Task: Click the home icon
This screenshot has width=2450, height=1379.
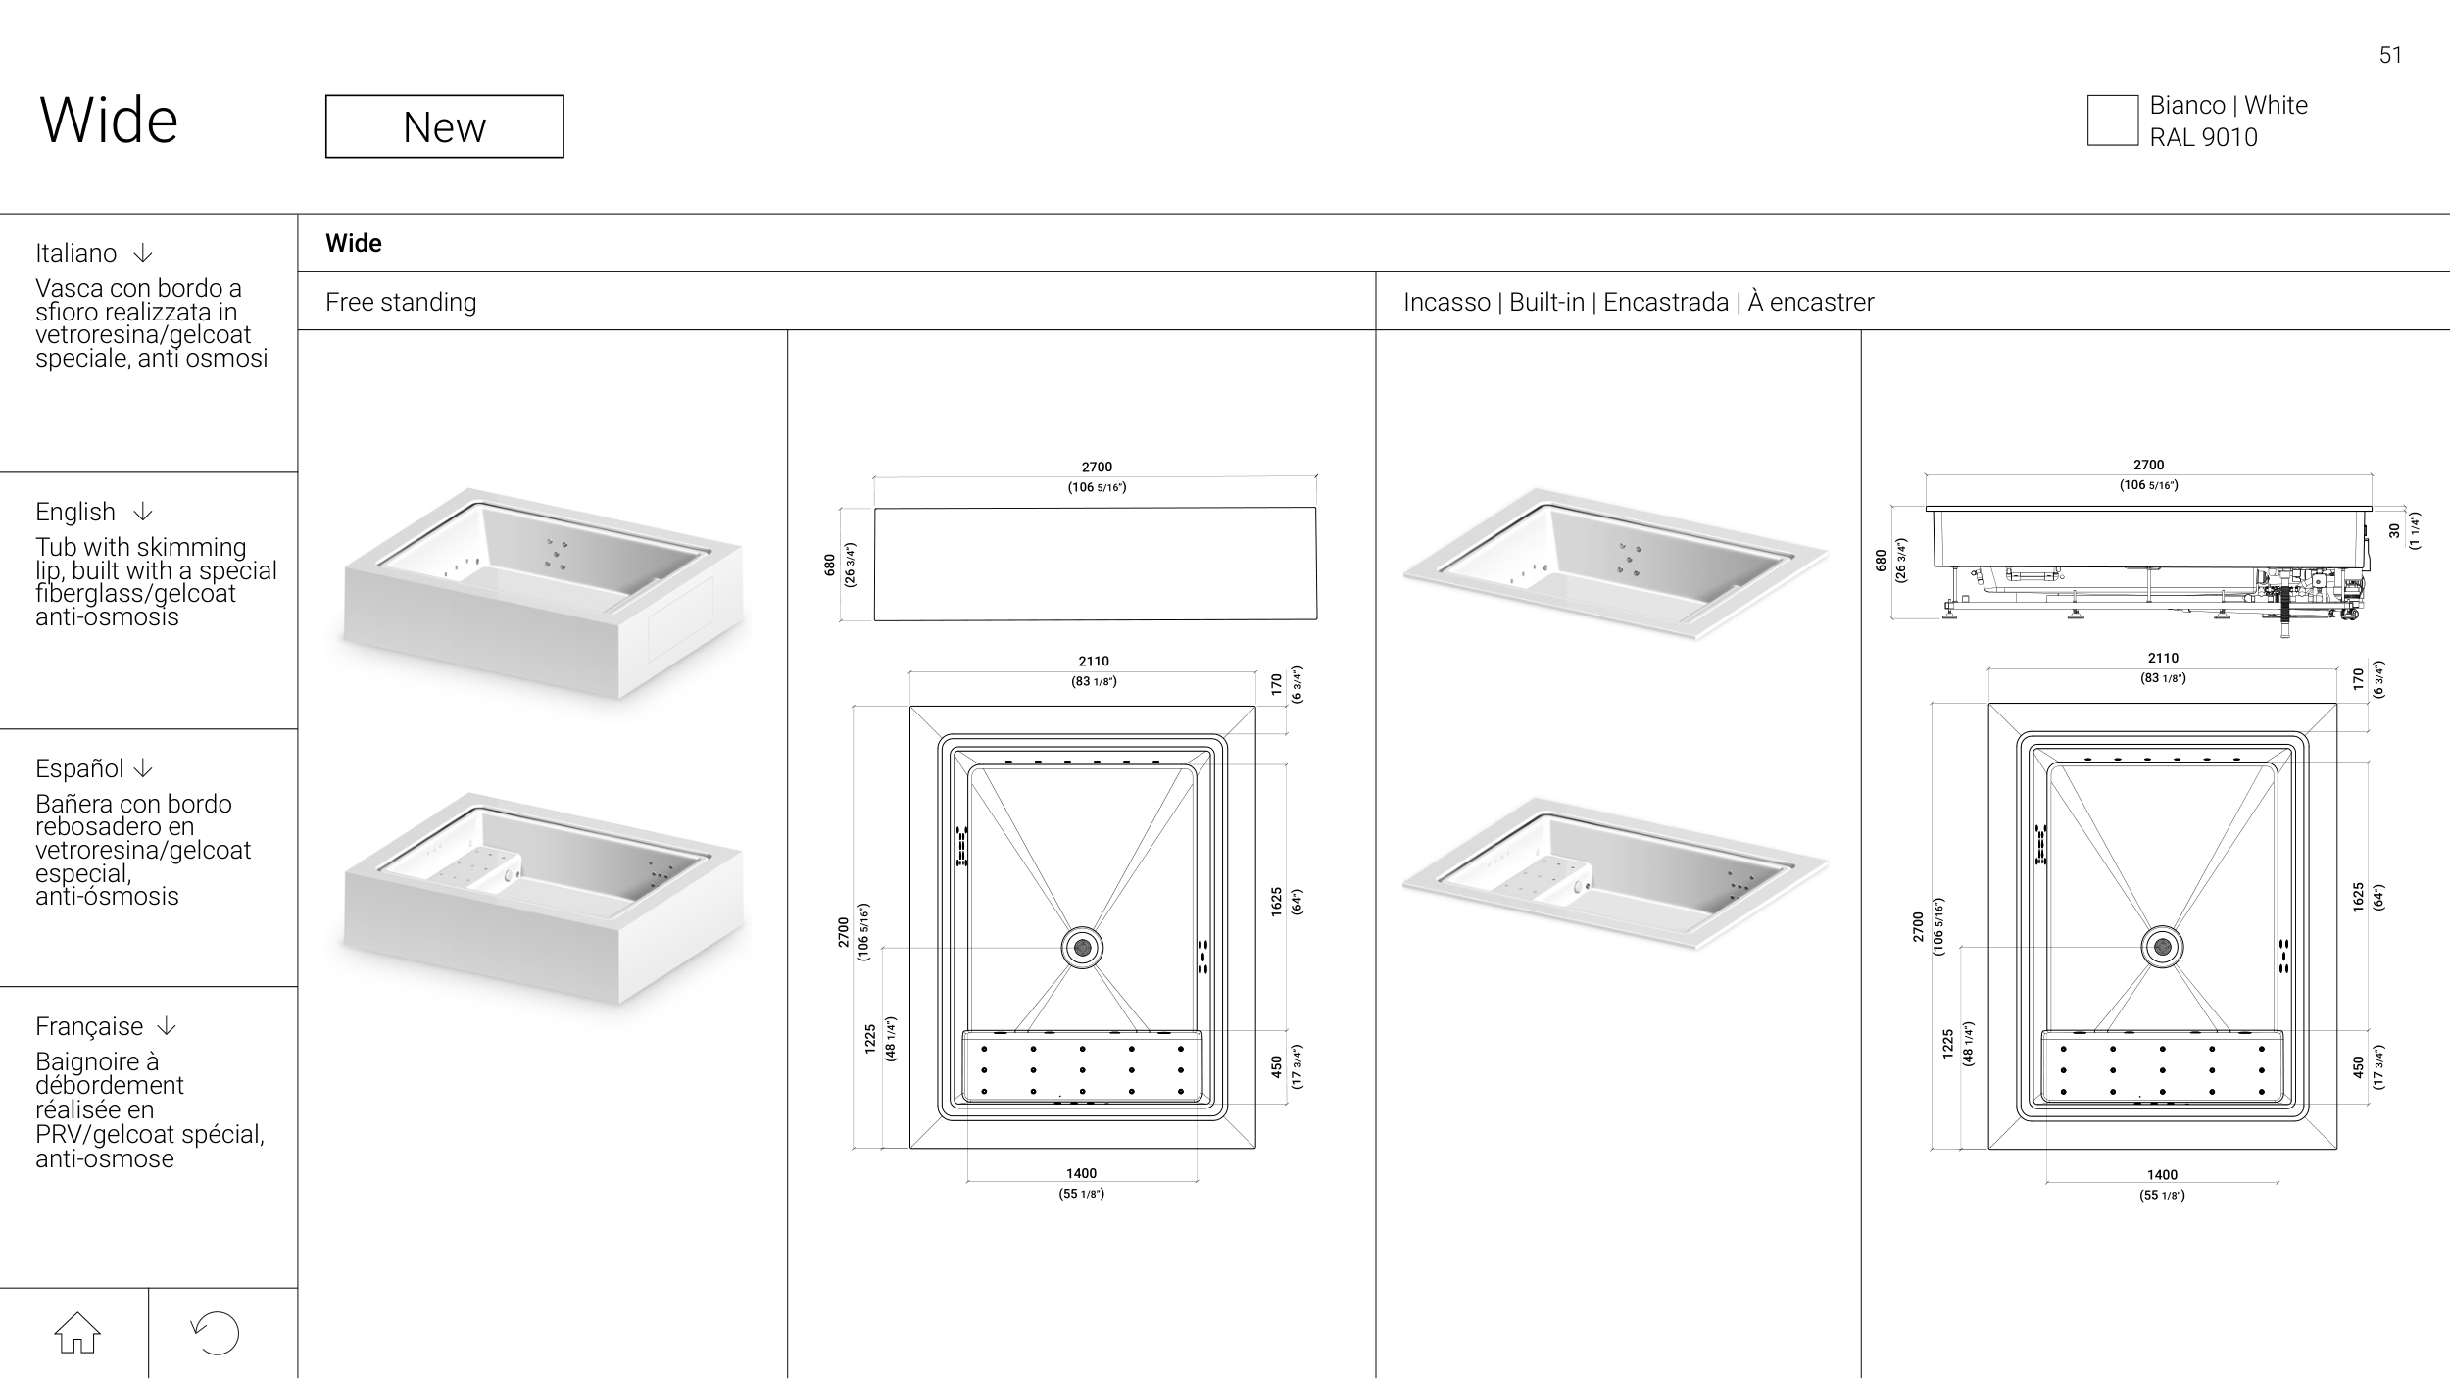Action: pos(77,1333)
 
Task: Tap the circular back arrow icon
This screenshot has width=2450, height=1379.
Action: pos(216,1333)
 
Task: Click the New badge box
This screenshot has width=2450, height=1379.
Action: pos(444,126)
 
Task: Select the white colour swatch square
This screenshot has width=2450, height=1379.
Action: pos(2112,121)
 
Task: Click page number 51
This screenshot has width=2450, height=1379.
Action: pos(2390,55)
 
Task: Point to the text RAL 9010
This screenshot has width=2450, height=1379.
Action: pos(2203,137)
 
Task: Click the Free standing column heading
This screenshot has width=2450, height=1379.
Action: pos(401,302)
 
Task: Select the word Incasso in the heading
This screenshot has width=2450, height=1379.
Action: pos(1446,302)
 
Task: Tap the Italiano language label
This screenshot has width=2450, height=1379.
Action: pos(75,253)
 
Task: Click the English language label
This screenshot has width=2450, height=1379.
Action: pos(75,512)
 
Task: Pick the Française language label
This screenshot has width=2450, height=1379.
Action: pos(89,1026)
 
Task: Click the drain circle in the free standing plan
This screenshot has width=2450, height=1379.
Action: pos(1082,948)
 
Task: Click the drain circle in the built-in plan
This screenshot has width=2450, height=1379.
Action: pos(2162,946)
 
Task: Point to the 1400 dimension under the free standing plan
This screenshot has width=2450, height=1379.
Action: pos(1082,1173)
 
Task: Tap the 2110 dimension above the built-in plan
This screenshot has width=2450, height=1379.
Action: pos(2163,659)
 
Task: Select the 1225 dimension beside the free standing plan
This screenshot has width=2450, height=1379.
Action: pos(870,1039)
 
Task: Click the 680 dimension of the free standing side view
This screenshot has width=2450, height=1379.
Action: pos(830,565)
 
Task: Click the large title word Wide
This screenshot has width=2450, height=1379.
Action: pos(109,121)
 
